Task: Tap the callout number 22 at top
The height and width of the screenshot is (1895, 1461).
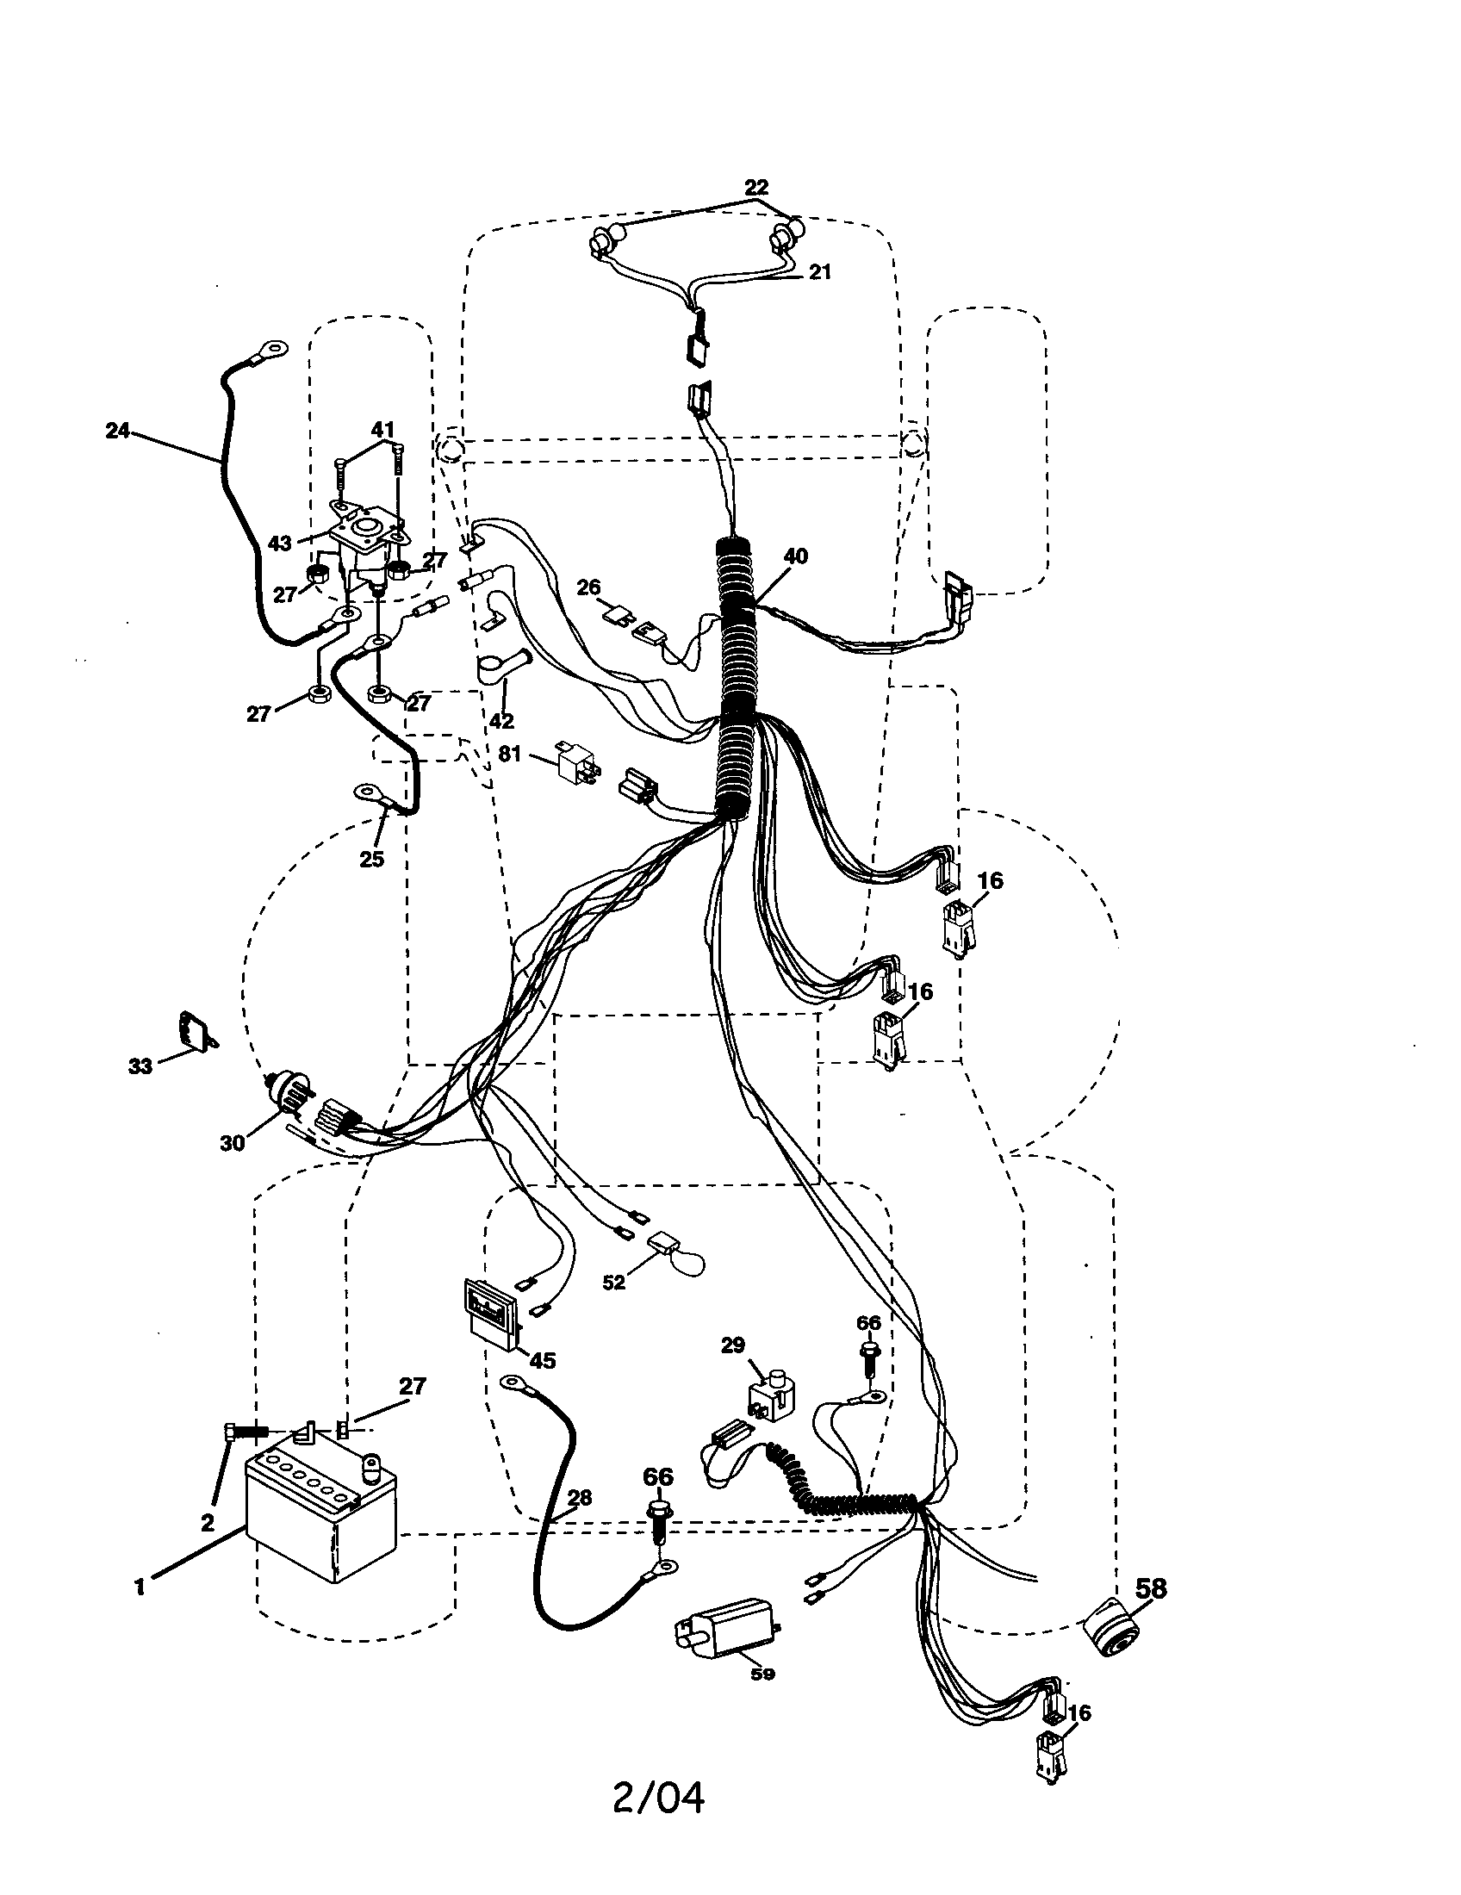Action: click(756, 187)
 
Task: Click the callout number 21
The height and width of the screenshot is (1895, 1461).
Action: click(819, 271)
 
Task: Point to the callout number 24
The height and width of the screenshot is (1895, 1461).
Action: click(118, 430)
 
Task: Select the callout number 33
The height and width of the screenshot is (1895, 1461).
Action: click(140, 1066)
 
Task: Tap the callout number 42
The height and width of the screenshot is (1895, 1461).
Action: click(501, 719)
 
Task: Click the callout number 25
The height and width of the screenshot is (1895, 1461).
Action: click(371, 859)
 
